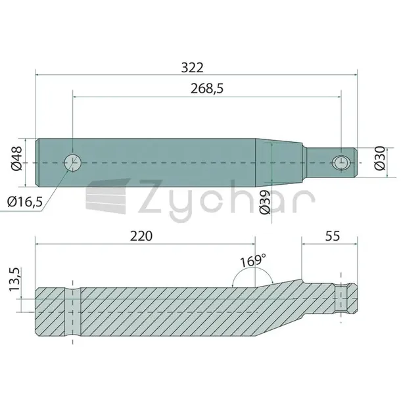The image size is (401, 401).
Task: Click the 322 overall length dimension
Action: coord(193,68)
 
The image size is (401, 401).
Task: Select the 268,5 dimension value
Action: coord(207,89)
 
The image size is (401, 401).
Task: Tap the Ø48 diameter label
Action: coord(17,158)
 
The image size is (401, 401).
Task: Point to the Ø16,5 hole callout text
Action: coord(25,202)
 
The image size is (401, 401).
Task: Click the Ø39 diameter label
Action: coord(265,202)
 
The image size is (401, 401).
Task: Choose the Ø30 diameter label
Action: coord(380,158)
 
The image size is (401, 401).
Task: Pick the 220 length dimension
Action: coord(141,236)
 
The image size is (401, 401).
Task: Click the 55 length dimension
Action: coord(333,236)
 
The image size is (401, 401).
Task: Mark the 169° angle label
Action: coord(253,260)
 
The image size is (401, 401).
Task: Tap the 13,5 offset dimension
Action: coord(14,279)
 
